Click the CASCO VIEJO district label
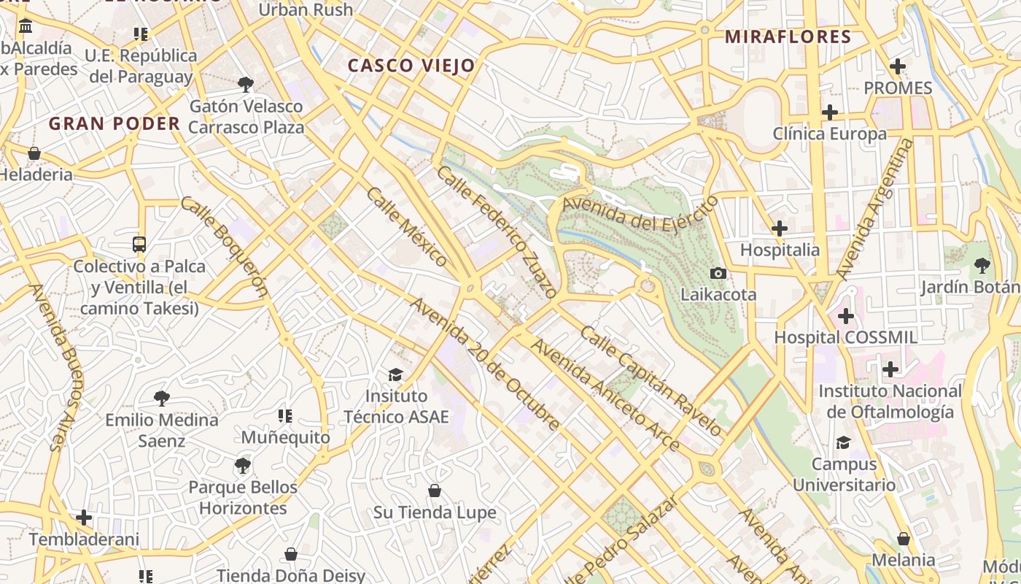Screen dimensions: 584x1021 pos(411,66)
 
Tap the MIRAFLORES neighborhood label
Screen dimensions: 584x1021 pos(788,37)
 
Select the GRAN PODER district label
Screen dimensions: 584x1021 pos(114,124)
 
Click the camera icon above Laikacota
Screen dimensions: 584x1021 pos(718,273)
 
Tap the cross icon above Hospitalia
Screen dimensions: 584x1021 pos(780,228)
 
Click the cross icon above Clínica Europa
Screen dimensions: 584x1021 pos(829,112)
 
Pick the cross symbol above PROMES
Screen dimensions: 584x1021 pos(898,66)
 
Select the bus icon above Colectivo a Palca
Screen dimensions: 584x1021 pos(139,244)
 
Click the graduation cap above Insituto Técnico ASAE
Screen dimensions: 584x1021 pos(395,374)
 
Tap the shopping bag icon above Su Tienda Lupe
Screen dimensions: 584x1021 pos(435,491)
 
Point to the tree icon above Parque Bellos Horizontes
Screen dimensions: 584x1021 pos(243,465)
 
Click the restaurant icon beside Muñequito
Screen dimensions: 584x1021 pos(285,416)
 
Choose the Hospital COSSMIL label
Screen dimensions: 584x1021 pos(845,338)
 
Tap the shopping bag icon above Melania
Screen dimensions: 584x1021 pos(904,539)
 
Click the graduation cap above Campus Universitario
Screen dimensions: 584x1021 pos(844,442)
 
